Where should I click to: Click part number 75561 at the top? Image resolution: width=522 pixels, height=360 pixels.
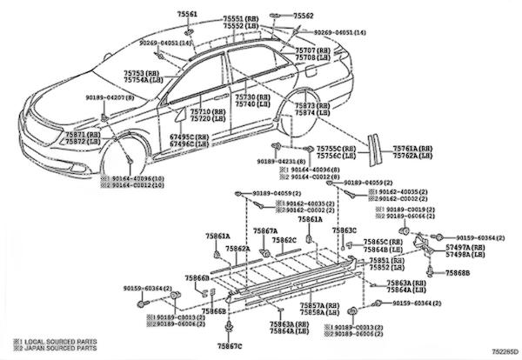tap(187, 16)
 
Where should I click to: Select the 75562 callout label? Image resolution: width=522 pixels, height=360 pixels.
tap(303, 16)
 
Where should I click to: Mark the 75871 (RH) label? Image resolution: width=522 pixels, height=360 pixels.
tap(76, 135)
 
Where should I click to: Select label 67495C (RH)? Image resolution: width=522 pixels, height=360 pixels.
tap(187, 137)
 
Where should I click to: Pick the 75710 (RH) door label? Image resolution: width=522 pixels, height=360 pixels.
tap(208, 113)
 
